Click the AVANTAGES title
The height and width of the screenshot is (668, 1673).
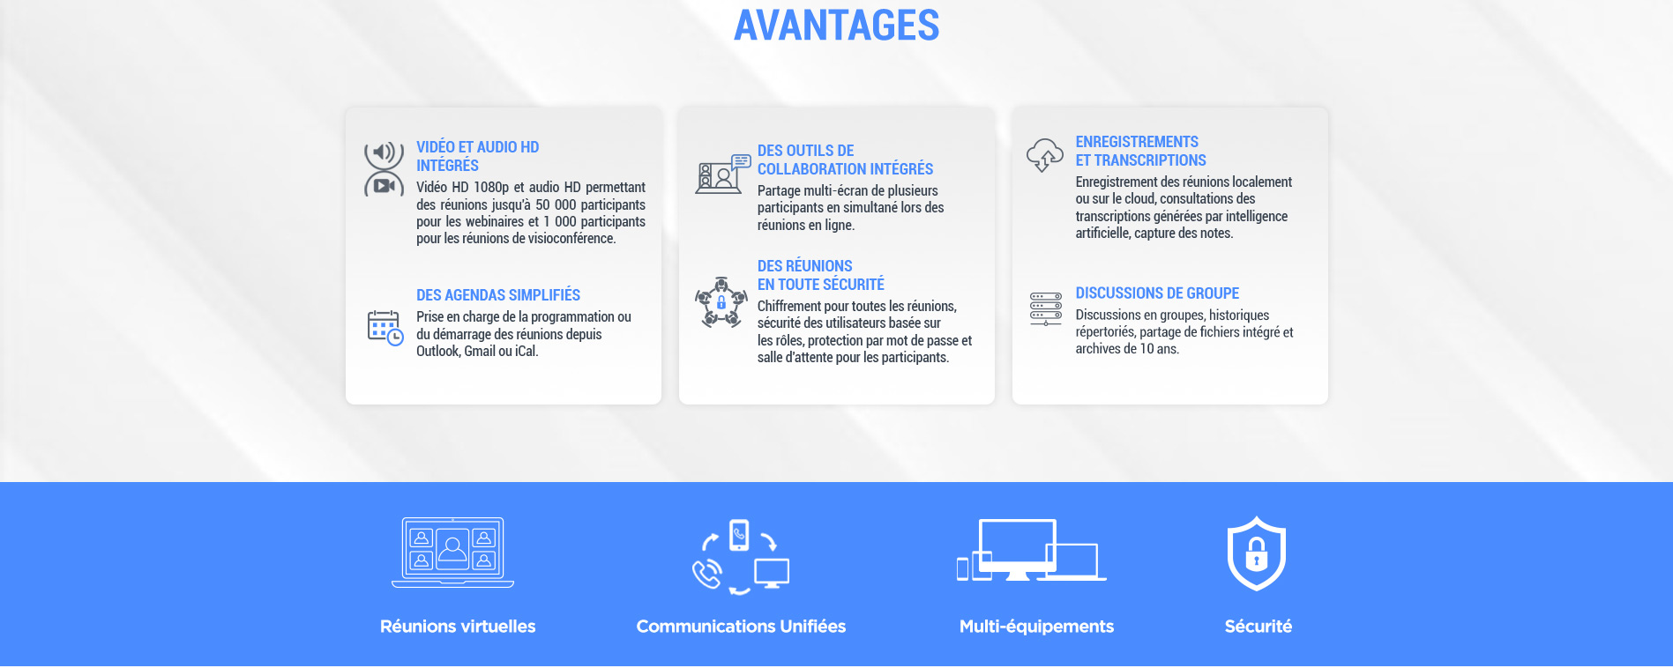836,25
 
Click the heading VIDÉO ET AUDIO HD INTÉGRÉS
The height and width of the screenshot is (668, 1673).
477,156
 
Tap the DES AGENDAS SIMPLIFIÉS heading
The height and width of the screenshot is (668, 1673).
498,295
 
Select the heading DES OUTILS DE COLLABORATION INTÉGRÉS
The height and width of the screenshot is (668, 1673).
845,160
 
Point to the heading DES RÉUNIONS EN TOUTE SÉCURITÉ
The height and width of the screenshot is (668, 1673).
820,275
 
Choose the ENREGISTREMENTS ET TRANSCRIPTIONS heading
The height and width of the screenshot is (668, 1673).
1140,151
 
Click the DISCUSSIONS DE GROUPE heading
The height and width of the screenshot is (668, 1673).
1157,293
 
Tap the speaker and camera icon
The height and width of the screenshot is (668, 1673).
384,169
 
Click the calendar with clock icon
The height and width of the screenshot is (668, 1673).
385,328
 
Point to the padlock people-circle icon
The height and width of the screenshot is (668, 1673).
721,302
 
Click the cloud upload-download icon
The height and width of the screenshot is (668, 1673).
1045,155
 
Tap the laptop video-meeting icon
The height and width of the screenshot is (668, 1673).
452,553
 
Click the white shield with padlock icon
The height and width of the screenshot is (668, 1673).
1257,553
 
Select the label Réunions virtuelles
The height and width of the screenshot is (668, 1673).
458,627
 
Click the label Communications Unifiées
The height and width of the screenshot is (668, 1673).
741,627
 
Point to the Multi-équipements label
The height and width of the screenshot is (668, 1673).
1036,627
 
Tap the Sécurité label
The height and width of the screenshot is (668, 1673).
1258,627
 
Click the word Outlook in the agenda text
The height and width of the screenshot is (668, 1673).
438,352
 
